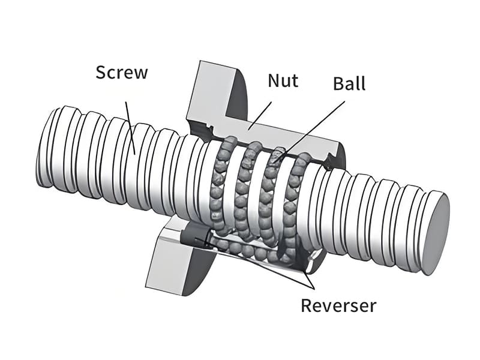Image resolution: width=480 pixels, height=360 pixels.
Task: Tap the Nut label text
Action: (283, 80)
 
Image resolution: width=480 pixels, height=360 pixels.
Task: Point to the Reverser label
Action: (338, 305)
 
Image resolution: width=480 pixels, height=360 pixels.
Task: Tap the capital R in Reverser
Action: (306, 305)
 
